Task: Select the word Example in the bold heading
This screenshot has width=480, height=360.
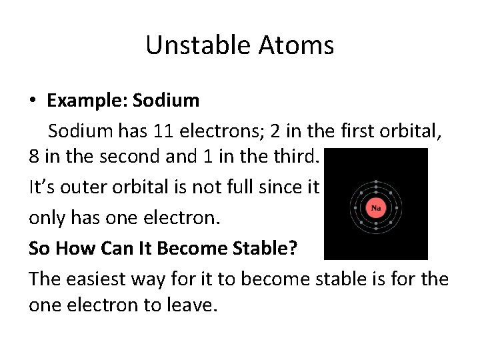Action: tap(86, 101)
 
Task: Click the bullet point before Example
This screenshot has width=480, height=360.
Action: tap(33, 101)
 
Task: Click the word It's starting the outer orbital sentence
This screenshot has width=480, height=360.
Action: tap(43, 187)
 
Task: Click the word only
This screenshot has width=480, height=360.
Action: tap(47, 218)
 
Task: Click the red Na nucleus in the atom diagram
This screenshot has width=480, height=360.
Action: tap(376, 208)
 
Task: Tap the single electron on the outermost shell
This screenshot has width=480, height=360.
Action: tap(376, 181)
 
